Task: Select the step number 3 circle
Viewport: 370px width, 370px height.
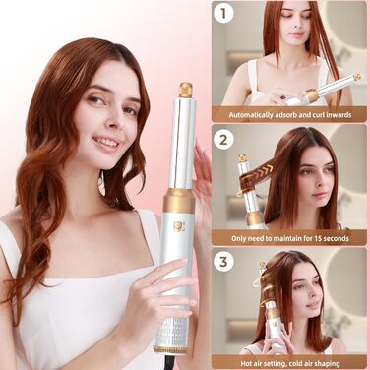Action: coord(225,262)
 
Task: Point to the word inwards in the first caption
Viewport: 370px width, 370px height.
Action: coord(344,114)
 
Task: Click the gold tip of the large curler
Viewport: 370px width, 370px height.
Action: coord(184,91)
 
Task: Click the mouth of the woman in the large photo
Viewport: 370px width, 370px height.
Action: coord(105,142)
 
